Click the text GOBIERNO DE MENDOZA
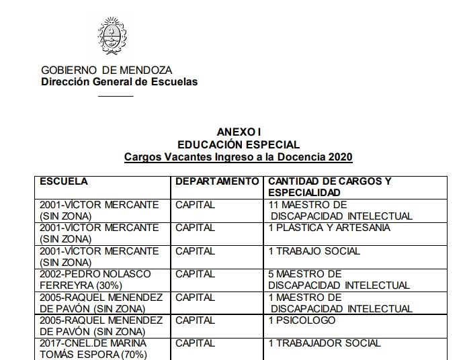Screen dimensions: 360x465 pos(106,70)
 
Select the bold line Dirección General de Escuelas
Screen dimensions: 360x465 pos(120,82)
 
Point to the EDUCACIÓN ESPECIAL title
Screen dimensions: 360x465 pos(239,144)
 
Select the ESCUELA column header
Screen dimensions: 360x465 pos(65,181)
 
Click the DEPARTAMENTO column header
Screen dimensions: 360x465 pos(217,181)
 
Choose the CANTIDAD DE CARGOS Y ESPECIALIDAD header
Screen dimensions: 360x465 pos(329,187)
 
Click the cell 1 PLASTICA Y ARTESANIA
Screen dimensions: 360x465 pos(329,228)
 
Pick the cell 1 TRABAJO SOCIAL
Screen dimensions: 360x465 pos(314,251)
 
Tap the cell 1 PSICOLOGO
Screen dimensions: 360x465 pos(302,320)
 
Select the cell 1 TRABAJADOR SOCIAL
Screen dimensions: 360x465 pos(325,343)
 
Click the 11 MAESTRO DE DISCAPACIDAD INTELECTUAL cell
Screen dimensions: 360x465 pos(339,210)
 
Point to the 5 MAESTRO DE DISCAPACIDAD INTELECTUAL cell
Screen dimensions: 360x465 pos(339,279)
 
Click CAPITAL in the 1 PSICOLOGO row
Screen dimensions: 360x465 pos(195,320)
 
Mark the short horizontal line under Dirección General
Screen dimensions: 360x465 pos(116,96)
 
